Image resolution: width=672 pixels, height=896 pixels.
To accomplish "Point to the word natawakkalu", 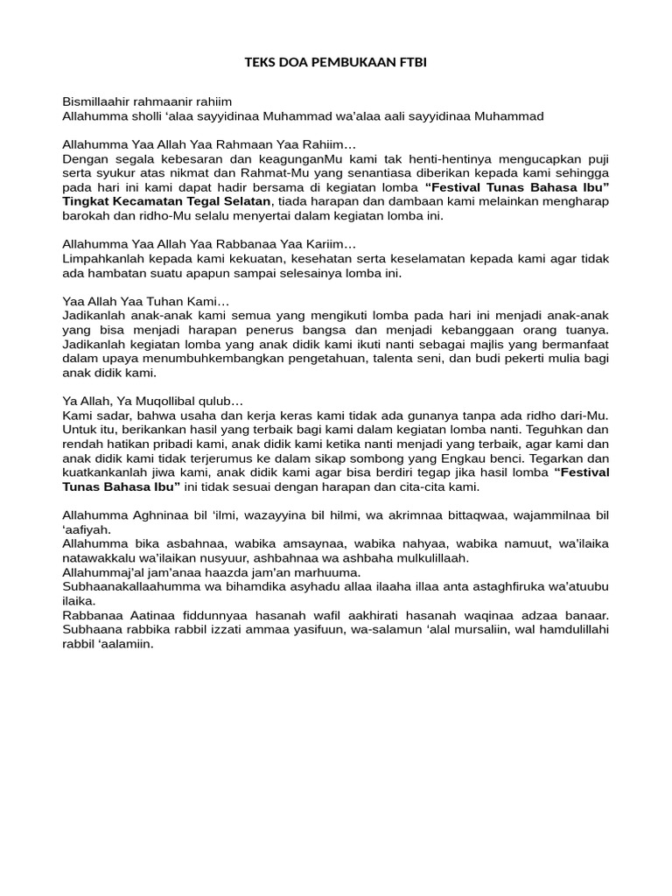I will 98,557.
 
